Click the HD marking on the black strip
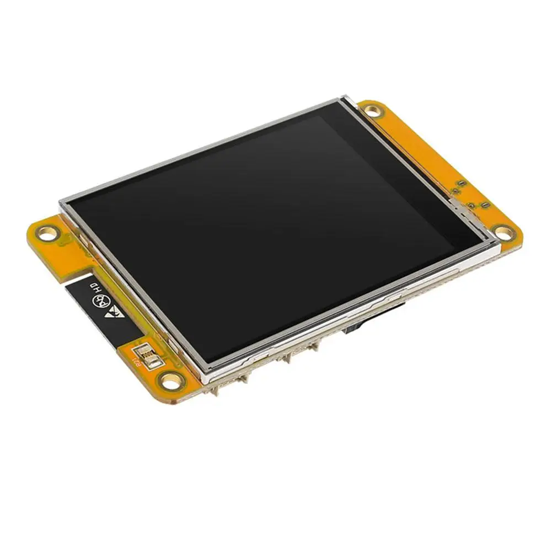[95, 288]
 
